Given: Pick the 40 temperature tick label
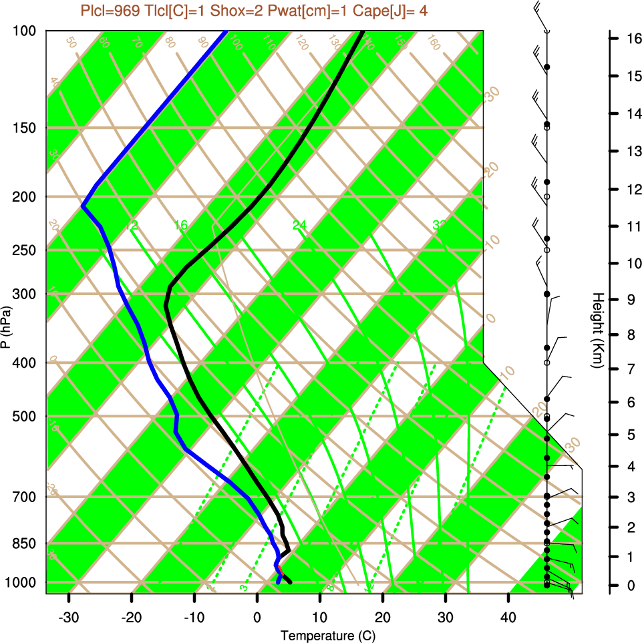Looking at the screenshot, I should point(508,616).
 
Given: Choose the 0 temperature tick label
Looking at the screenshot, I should point(257,616).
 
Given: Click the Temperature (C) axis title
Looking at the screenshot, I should point(323,635).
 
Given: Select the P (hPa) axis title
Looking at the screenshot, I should point(6,328).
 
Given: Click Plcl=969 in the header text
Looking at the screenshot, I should point(110,11).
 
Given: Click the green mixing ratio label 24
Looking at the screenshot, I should point(299,226).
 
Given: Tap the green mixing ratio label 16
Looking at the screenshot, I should point(181,226).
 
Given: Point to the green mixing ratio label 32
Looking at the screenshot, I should point(439,226).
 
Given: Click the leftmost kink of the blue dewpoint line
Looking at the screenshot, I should point(83,206).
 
